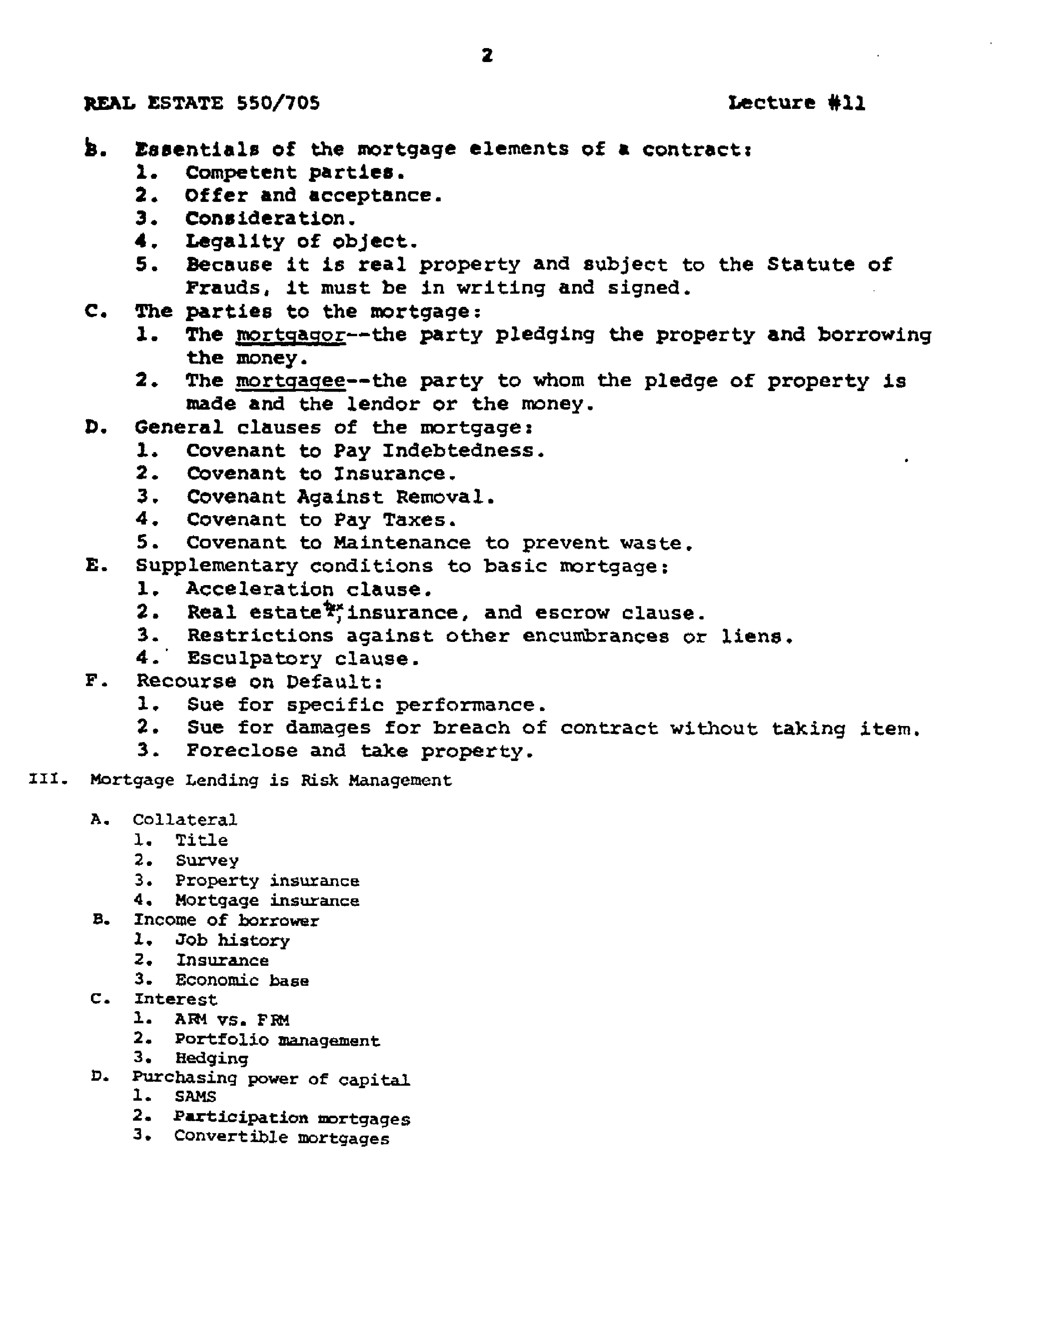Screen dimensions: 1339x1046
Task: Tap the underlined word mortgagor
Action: click(291, 335)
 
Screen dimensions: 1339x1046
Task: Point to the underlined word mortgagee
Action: click(291, 381)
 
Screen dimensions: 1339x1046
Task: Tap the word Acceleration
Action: click(259, 589)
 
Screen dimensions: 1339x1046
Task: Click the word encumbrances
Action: click(595, 636)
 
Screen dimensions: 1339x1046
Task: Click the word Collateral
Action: click(185, 820)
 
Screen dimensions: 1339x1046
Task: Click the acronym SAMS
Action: click(195, 1096)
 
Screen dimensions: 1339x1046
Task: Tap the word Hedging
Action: click(211, 1058)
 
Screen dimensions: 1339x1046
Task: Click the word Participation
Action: click(240, 1117)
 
